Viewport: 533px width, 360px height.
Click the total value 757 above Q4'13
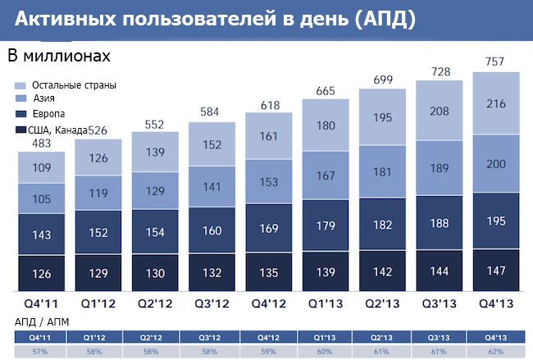click(496, 61)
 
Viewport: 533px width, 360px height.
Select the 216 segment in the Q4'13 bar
click(496, 103)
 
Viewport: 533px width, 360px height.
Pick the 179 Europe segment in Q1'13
click(326, 226)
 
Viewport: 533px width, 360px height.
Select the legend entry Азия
click(44, 99)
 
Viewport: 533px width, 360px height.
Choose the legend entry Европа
click(48, 113)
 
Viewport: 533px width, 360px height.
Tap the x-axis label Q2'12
click(155, 304)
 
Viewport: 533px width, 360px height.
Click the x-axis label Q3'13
click(440, 304)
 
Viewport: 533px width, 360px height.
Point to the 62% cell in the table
click(496, 350)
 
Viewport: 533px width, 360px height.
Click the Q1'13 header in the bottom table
click(326, 336)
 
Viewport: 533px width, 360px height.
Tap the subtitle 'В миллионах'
click(58, 57)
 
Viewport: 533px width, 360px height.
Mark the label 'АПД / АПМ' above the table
click(41, 322)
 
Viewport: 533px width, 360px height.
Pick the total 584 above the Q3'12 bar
click(212, 112)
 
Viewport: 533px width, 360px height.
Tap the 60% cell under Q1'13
click(326, 350)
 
